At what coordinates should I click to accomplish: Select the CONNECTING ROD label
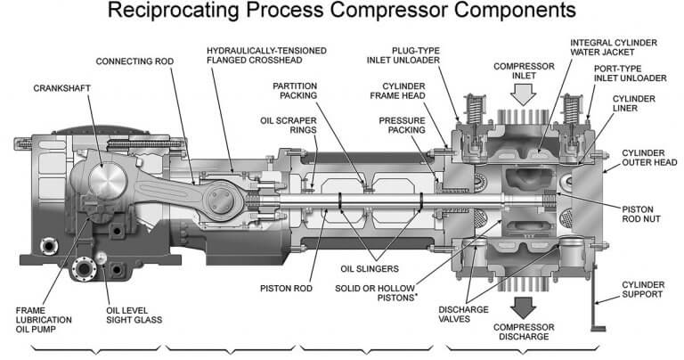point(134,61)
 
